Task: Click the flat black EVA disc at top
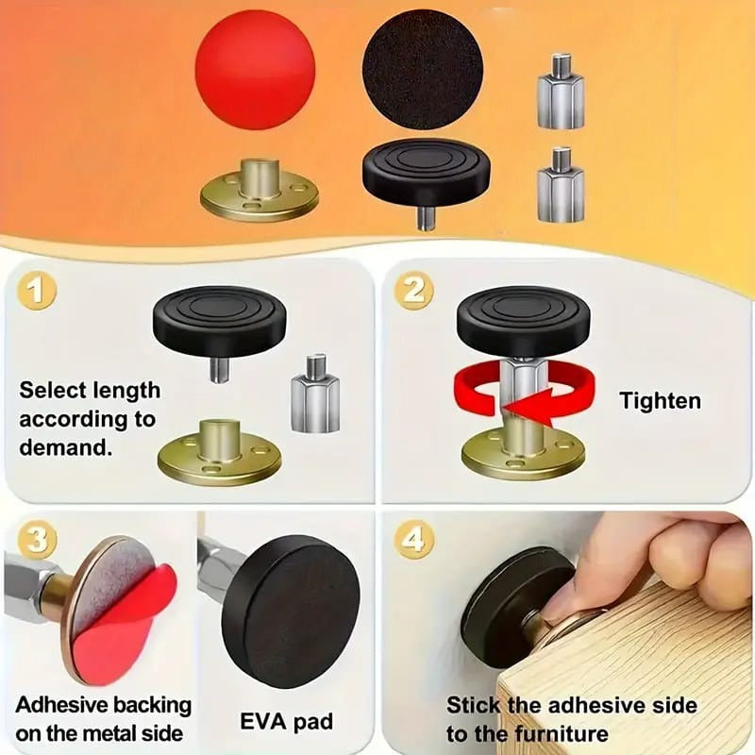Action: (x=422, y=68)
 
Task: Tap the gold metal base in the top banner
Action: (x=259, y=193)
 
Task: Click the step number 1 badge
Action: (x=37, y=292)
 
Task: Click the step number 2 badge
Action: (x=413, y=292)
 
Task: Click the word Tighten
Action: (x=660, y=400)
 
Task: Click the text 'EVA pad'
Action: (x=285, y=723)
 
